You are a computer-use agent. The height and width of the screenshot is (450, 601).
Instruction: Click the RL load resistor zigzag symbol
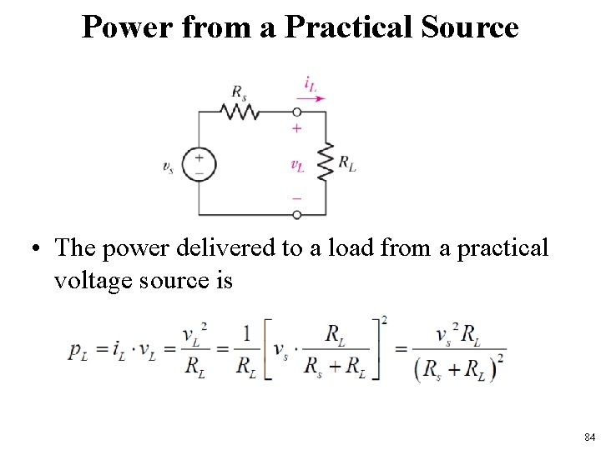[326, 163]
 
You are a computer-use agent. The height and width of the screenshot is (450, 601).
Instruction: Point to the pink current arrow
[311, 97]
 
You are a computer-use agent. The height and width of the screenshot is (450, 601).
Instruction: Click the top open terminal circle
[297, 112]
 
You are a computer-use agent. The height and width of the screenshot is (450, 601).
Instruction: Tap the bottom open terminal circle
[297, 214]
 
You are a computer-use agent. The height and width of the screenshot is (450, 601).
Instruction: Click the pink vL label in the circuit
[297, 164]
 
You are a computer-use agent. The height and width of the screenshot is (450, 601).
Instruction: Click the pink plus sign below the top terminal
[297, 129]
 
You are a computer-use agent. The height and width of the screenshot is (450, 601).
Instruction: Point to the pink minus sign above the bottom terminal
[297, 198]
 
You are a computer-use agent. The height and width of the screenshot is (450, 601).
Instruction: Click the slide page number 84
[589, 437]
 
